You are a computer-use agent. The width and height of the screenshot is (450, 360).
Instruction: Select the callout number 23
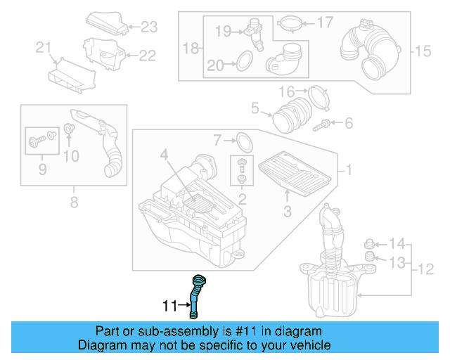tap(149, 27)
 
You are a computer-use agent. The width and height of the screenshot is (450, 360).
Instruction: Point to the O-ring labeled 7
tap(243, 141)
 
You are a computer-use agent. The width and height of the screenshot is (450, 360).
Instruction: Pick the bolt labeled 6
tap(323, 124)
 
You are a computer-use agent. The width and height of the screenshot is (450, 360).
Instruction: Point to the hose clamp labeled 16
tap(318, 96)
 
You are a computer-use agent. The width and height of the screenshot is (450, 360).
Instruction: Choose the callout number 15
tap(422, 51)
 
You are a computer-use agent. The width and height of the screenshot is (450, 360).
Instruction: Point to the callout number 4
tap(163, 154)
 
